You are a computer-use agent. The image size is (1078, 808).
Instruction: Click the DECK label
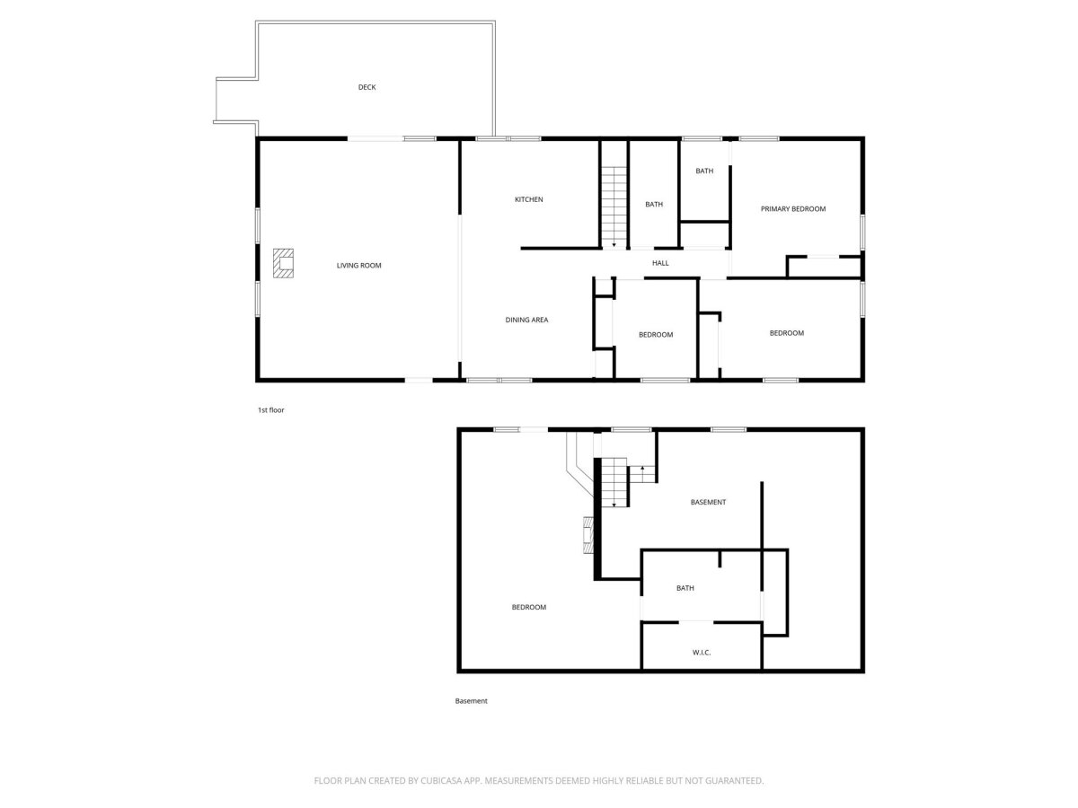pyautogui.click(x=367, y=87)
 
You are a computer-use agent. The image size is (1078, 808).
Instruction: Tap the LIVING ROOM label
pyautogui.click(x=358, y=266)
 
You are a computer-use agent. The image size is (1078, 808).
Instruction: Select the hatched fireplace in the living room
pyautogui.click(x=283, y=263)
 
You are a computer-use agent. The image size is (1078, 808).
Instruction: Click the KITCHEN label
pyautogui.click(x=528, y=199)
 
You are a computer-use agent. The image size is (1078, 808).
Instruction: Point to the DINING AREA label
pyautogui.click(x=526, y=320)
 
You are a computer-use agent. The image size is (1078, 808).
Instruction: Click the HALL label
pyautogui.click(x=660, y=263)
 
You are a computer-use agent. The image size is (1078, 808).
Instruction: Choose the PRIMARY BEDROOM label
pyautogui.click(x=792, y=209)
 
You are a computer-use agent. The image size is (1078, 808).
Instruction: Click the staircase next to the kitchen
pyautogui.click(x=614, y=206)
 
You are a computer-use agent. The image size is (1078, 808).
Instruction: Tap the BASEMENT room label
pyautogui.click(x=708, y=503)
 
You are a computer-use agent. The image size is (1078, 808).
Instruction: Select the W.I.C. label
pyautogui.click(x=702, y=653)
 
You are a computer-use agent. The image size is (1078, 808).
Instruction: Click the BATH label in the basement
pyautogui.click(x=685, y=588)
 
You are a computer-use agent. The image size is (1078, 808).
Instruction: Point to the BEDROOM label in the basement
pyautogui.click(x=528, y=608)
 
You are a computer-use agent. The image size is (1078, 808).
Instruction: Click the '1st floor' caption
pyautogui.click(x=270, y=410)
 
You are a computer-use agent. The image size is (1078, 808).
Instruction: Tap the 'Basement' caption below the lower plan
pyautogui.click(x=471, y=701)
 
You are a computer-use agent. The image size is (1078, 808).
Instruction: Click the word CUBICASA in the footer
pyautogui.click(x=441, y=780)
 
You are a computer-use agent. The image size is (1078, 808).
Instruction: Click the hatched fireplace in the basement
pyautogui.click(x=588, y=535)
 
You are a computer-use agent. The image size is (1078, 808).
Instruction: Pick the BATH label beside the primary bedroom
pyautogui.click(x=703, y=171)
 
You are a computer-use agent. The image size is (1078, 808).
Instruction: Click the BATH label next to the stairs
pyautogui.click(x=654, y=205)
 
